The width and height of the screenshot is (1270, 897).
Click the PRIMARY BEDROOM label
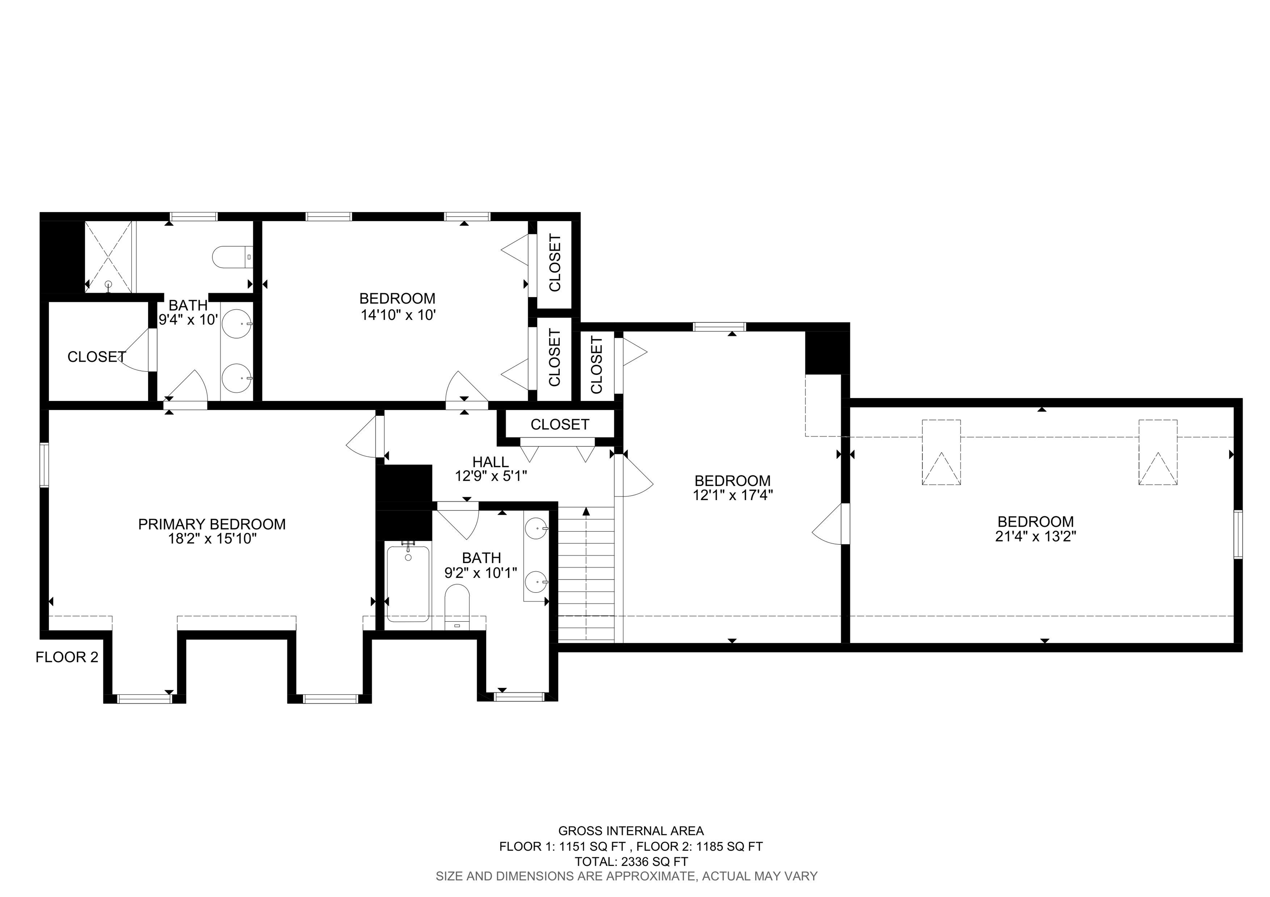212,524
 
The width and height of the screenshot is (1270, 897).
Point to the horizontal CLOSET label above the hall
560,424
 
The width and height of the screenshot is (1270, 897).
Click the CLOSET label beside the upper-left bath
97,357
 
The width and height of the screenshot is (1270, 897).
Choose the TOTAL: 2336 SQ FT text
631,861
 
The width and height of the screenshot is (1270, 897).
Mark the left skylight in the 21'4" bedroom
941,452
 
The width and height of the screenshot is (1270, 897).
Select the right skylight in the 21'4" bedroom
1158,452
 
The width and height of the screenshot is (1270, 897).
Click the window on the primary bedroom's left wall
44,465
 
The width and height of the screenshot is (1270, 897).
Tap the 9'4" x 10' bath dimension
189,320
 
